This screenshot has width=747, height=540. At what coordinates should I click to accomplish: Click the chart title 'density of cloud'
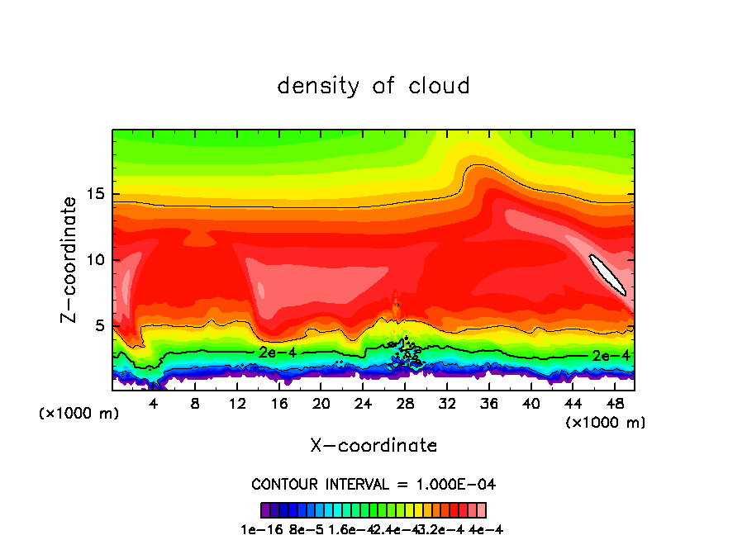[x=373, y=86]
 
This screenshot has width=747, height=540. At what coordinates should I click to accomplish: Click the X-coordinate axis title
[x=373, y=446]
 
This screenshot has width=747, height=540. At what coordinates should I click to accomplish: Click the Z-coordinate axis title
[x=70, y=259]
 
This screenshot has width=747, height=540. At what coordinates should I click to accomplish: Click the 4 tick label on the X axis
[x=153, y=404]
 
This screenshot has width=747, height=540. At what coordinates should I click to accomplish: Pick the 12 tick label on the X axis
[x=237, y=404]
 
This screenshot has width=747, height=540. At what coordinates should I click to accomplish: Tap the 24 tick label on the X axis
[x=363, y=404]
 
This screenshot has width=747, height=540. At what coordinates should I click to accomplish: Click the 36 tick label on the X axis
[x=488, y=404]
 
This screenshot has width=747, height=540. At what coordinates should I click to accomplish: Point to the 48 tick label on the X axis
[x=614, y=404]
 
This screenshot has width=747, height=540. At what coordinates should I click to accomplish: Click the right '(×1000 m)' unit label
[x=606, y=423]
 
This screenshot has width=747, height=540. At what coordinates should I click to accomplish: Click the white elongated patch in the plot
[x=607, y=274]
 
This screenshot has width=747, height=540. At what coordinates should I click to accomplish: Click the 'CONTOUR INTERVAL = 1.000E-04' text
[x=373, y=484]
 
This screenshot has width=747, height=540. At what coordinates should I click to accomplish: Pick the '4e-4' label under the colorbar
[x=486, y=529]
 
